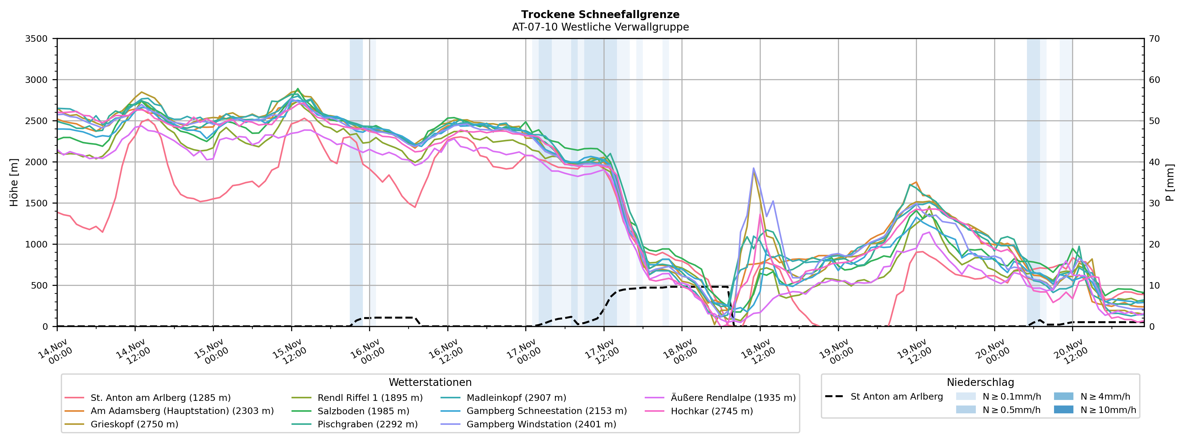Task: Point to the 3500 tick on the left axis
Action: click(x=36, y=39)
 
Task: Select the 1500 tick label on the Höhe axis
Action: click(x=36, y=203)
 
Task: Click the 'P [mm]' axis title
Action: click(x=1170, y=183)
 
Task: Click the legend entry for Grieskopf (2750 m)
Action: click(x=134, y=424)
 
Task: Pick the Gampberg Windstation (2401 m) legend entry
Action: click(x=541, y=424)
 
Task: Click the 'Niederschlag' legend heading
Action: click(x=980, y=382)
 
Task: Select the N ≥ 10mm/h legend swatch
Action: click(x=1063, y=409)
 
